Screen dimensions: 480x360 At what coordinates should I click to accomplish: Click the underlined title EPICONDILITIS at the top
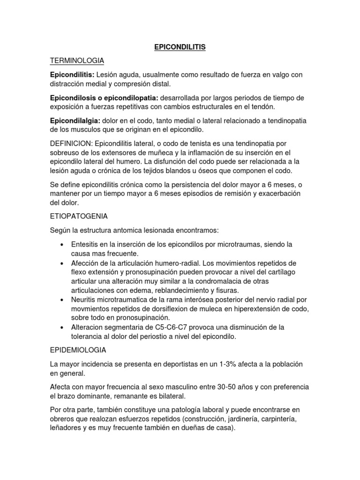point(180,47)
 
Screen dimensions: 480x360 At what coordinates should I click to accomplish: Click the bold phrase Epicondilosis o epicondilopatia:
point(105,97)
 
